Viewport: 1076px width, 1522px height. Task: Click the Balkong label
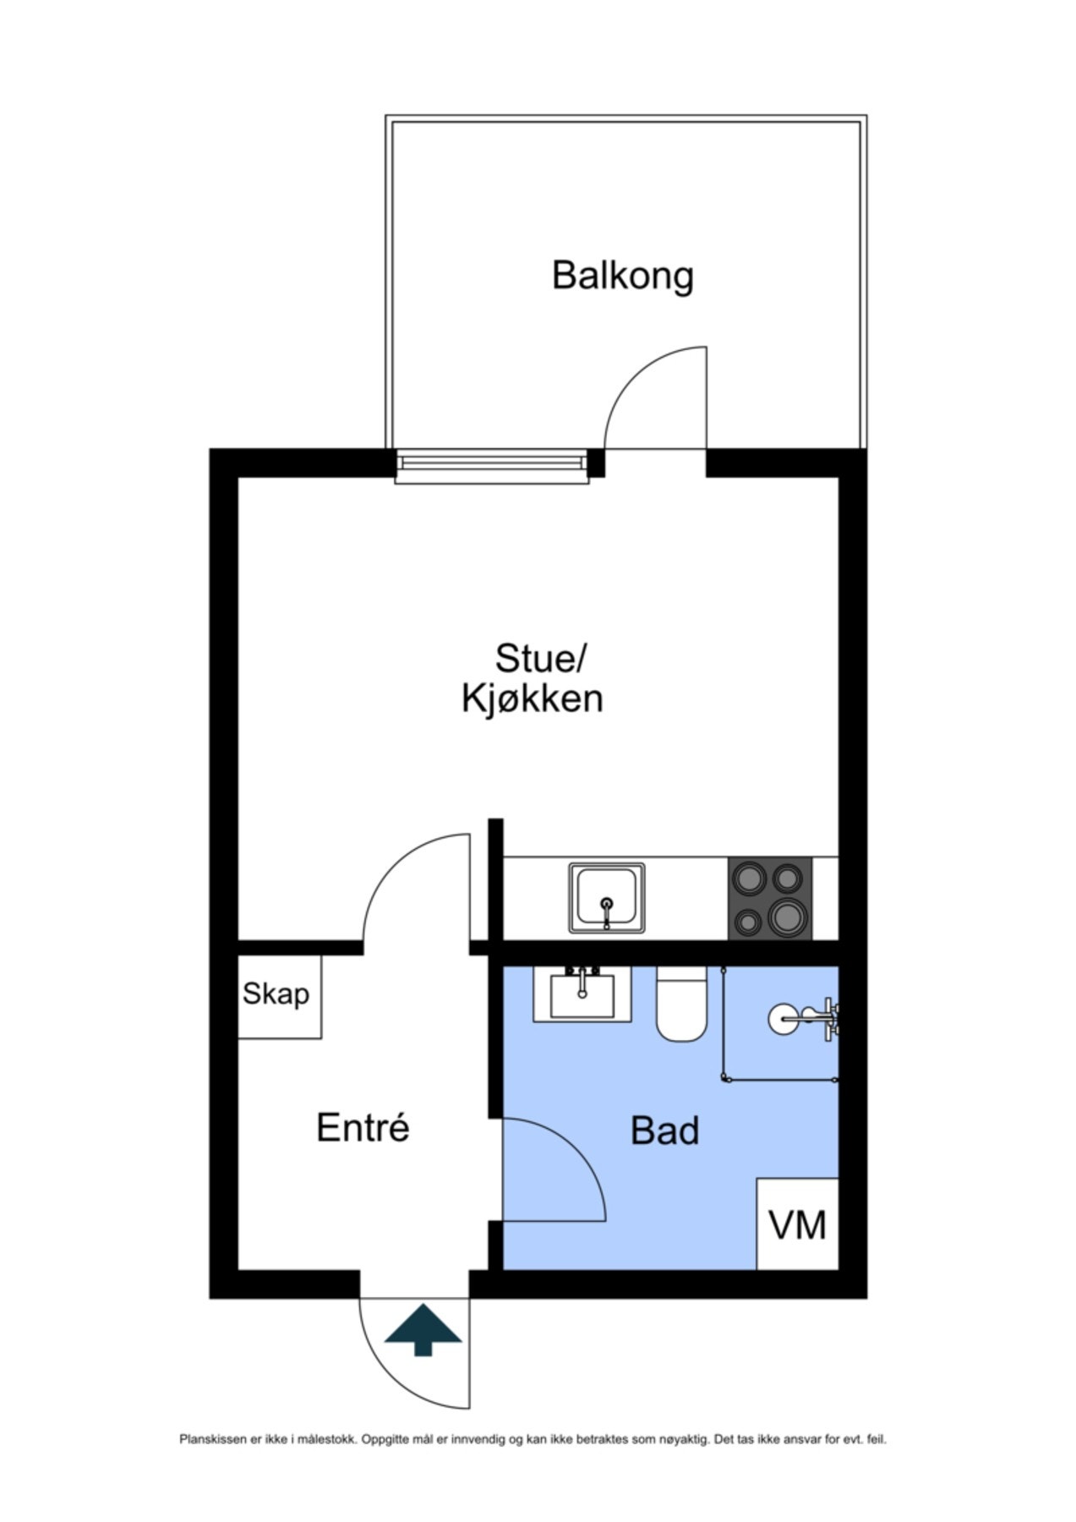pyautogui.click(x=622, y=276)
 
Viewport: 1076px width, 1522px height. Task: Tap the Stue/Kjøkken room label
pyautogui.click(x=533, y=678)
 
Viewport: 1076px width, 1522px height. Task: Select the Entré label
pyautogui.click(x=363, y=1127)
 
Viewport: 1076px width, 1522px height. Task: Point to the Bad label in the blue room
pyautogui.click(x=665, y=1131)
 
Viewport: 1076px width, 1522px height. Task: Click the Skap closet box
pyautogui.click(x=280, y=997)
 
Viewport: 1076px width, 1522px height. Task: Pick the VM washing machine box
pyautogui.click(x=797, y=1224)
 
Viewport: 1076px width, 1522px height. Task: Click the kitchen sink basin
pyautogui.click(x=607, y=898)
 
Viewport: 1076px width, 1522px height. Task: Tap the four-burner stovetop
pyautogui.click(x=770, y=898)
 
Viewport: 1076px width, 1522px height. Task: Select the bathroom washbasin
pyautogui.click(x=582, y=994)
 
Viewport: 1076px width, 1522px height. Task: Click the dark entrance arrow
pyautogui.click(x=423, y=1330)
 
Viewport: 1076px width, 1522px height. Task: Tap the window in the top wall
pyautogui.click(x=492, y=465)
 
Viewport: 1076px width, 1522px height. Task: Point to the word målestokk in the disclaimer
pyautogui.click(x=332, y=1439)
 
